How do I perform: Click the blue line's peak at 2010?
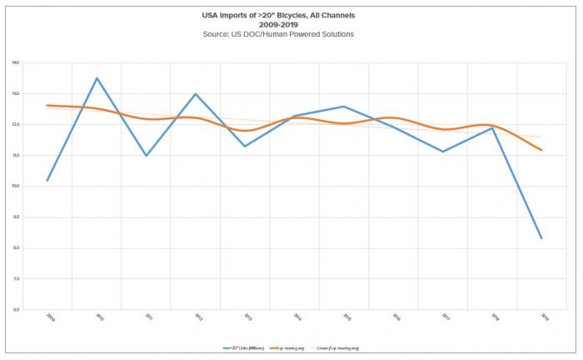(x=97, y=78)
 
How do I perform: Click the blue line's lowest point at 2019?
(x=542, y=238)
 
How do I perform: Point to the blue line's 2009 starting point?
(x=47, y=180)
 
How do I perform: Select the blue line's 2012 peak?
(x=196, y=93)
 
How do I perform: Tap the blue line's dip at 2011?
(x=147, y=156)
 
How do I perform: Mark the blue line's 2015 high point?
(x=345, y=106)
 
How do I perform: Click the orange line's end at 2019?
(x=542, y=150)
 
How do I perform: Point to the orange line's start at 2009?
(x=47, y=106)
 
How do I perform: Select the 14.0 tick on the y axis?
(x=16, y=62)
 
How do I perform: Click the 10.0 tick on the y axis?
(x=16, y=186)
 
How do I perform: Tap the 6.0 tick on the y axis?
(x=16, y=309)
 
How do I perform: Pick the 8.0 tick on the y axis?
(x=16, y=247)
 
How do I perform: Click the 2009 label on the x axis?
(x=49, y=317)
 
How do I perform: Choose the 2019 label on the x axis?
(x=544, y=317)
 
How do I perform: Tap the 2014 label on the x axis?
(x=296, y=317)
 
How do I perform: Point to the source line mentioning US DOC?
(x=291, y=33)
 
